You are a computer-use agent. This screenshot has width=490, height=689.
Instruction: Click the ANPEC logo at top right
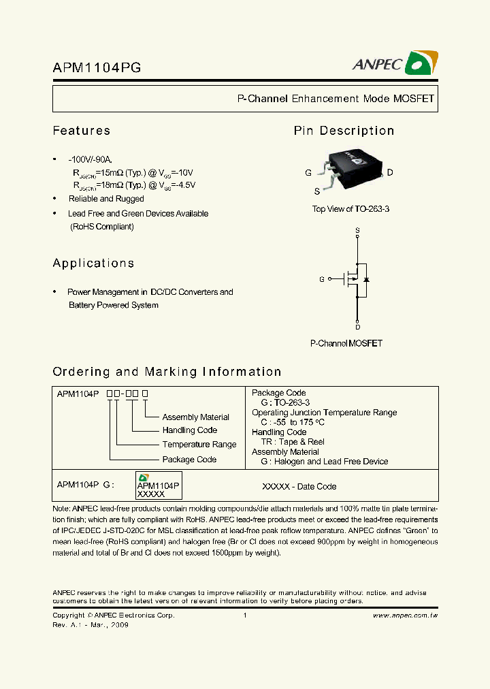(394, 63)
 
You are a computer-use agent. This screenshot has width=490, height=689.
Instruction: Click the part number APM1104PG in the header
(97, 67)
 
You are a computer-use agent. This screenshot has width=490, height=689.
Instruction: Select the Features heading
(82, 131)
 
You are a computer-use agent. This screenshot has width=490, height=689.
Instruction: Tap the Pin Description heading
(344, 131)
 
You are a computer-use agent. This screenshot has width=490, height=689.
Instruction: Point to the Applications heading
(93, 263)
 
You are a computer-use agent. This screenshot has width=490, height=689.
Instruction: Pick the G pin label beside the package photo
(308, 173)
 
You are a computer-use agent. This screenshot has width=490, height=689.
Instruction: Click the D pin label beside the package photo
(390, 173)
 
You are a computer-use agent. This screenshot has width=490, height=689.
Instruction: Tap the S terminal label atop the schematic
(357, 231)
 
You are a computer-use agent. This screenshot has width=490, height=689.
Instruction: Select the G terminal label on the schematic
(322, 279)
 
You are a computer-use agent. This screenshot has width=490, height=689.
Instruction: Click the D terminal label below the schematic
(357, 327)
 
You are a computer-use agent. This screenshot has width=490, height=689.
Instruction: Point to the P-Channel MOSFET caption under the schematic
(346, 343)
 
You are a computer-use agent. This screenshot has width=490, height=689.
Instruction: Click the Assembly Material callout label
(195, 417)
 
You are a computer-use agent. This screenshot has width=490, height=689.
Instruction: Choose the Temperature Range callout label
(199, 445)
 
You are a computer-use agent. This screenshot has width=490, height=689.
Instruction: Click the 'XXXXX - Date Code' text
(299, 487)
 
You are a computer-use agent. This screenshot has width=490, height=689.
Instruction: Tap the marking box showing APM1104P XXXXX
(158, 486)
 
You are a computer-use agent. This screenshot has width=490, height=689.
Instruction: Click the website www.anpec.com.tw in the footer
(405, 615)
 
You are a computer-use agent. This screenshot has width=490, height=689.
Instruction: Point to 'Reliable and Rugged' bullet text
(106, 199)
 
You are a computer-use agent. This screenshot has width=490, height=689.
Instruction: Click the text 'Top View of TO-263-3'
(350, 209)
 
